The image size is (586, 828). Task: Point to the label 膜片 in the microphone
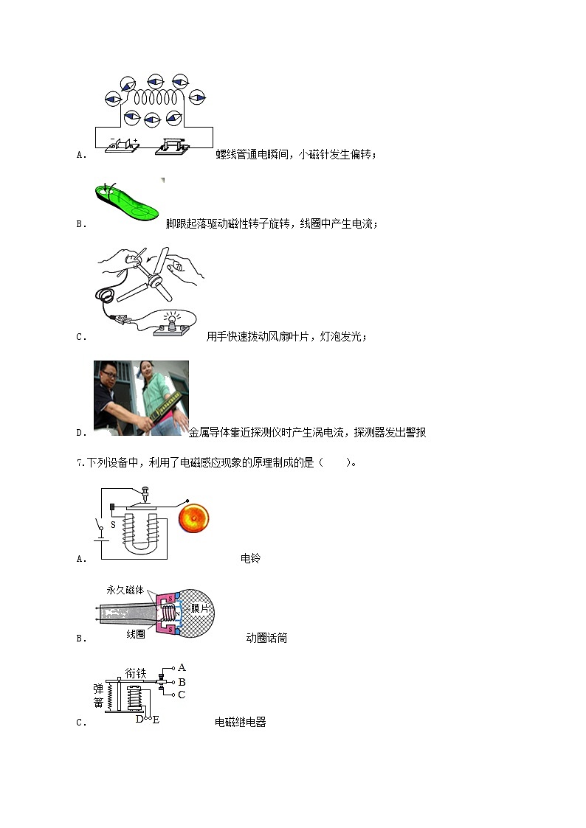(x=200, y=608)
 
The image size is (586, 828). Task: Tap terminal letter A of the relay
(x=182, y=667)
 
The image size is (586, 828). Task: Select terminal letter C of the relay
(x=182, y=695)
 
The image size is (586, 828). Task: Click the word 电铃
(x=251, y=558)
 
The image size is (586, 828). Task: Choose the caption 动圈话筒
(x=266, y=638)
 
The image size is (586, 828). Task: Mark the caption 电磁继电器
(x=241, y=722)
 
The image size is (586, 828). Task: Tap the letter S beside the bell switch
(x=112, y=525)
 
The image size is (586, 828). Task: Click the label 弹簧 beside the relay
(x=98, y=695)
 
